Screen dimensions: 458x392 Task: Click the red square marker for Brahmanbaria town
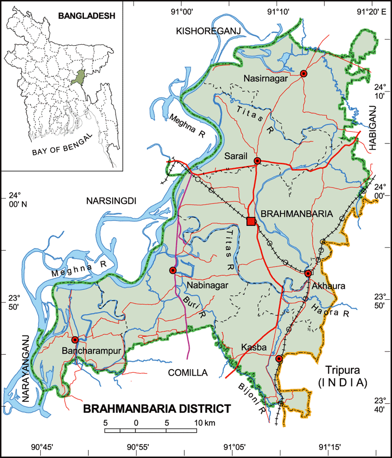(251, 221)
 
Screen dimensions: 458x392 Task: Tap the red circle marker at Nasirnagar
(304, 73)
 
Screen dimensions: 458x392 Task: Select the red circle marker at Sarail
(257, 161)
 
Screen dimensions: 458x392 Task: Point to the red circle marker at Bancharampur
(75, 340)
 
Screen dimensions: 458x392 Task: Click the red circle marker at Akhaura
(308, 273)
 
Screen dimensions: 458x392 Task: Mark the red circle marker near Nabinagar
(173, 270)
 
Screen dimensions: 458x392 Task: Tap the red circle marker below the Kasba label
(279, 359)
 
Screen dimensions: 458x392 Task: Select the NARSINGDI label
(111, 201)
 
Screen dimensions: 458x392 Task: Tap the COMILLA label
(188, 372)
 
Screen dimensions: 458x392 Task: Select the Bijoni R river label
(250, 394)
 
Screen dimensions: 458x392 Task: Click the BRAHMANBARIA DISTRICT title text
(157, 409)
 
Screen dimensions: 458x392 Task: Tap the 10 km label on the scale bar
(204, 423)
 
